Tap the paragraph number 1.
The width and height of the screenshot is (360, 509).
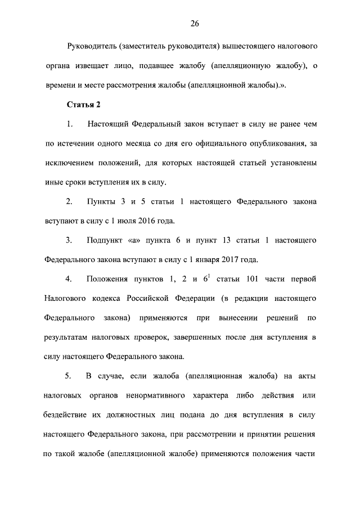pos(69,124)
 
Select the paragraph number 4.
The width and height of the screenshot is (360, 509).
pos(69,279)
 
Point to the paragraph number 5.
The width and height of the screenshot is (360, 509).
pos(69,376)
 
